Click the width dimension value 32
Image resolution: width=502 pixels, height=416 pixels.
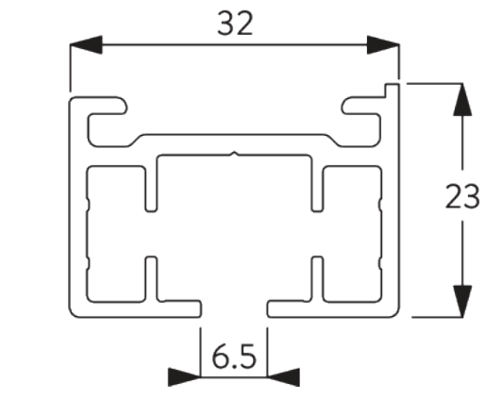[x=235, y=23]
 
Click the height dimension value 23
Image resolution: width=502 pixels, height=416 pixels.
[x=462, y=196]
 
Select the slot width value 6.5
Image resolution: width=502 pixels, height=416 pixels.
[x=234, y=356]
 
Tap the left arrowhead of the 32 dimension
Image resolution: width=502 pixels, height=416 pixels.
[x=86, y=44]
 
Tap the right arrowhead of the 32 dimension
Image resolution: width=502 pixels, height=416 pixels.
[x=383, y=44]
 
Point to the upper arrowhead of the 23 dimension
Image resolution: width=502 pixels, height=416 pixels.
[x=462, y=99]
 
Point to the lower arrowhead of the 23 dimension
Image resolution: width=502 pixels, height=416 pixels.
[x=462, y=301]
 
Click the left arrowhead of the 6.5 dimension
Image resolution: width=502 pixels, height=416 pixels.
[x=184, y=377]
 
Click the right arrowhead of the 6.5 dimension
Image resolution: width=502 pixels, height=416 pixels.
[x=284, y=377]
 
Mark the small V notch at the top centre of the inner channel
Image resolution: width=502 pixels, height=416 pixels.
[x=235, y=155]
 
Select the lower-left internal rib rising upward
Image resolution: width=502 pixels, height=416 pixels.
[x=151, y=278]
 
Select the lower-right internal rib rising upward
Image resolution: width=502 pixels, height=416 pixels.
[x=317, y=278]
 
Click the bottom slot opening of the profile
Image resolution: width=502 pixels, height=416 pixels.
[x=234, y=308]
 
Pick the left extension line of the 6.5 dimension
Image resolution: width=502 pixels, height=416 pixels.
[x=201, y=352]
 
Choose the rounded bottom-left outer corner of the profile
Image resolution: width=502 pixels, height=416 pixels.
[x=73, y=314]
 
